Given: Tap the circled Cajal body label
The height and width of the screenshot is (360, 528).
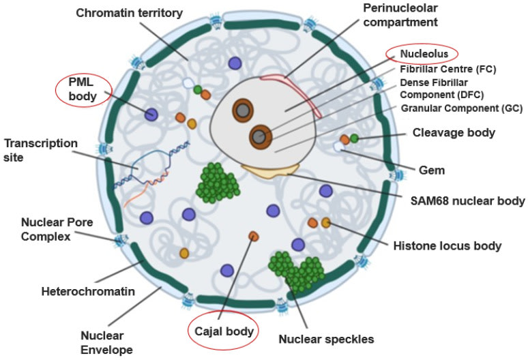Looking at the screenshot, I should tap(224, 331).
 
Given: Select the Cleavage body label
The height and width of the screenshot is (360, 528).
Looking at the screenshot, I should tap(462, 133).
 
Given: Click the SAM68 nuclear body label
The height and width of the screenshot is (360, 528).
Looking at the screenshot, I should tap(468, 200).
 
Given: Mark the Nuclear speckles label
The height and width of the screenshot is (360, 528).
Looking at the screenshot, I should tap(326, 338).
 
